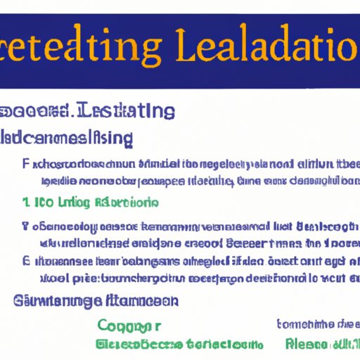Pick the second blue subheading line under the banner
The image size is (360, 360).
[x=67, y=137]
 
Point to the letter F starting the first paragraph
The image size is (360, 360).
[x=26, y=165]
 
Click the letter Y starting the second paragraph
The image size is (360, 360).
[x=25, y=227]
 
